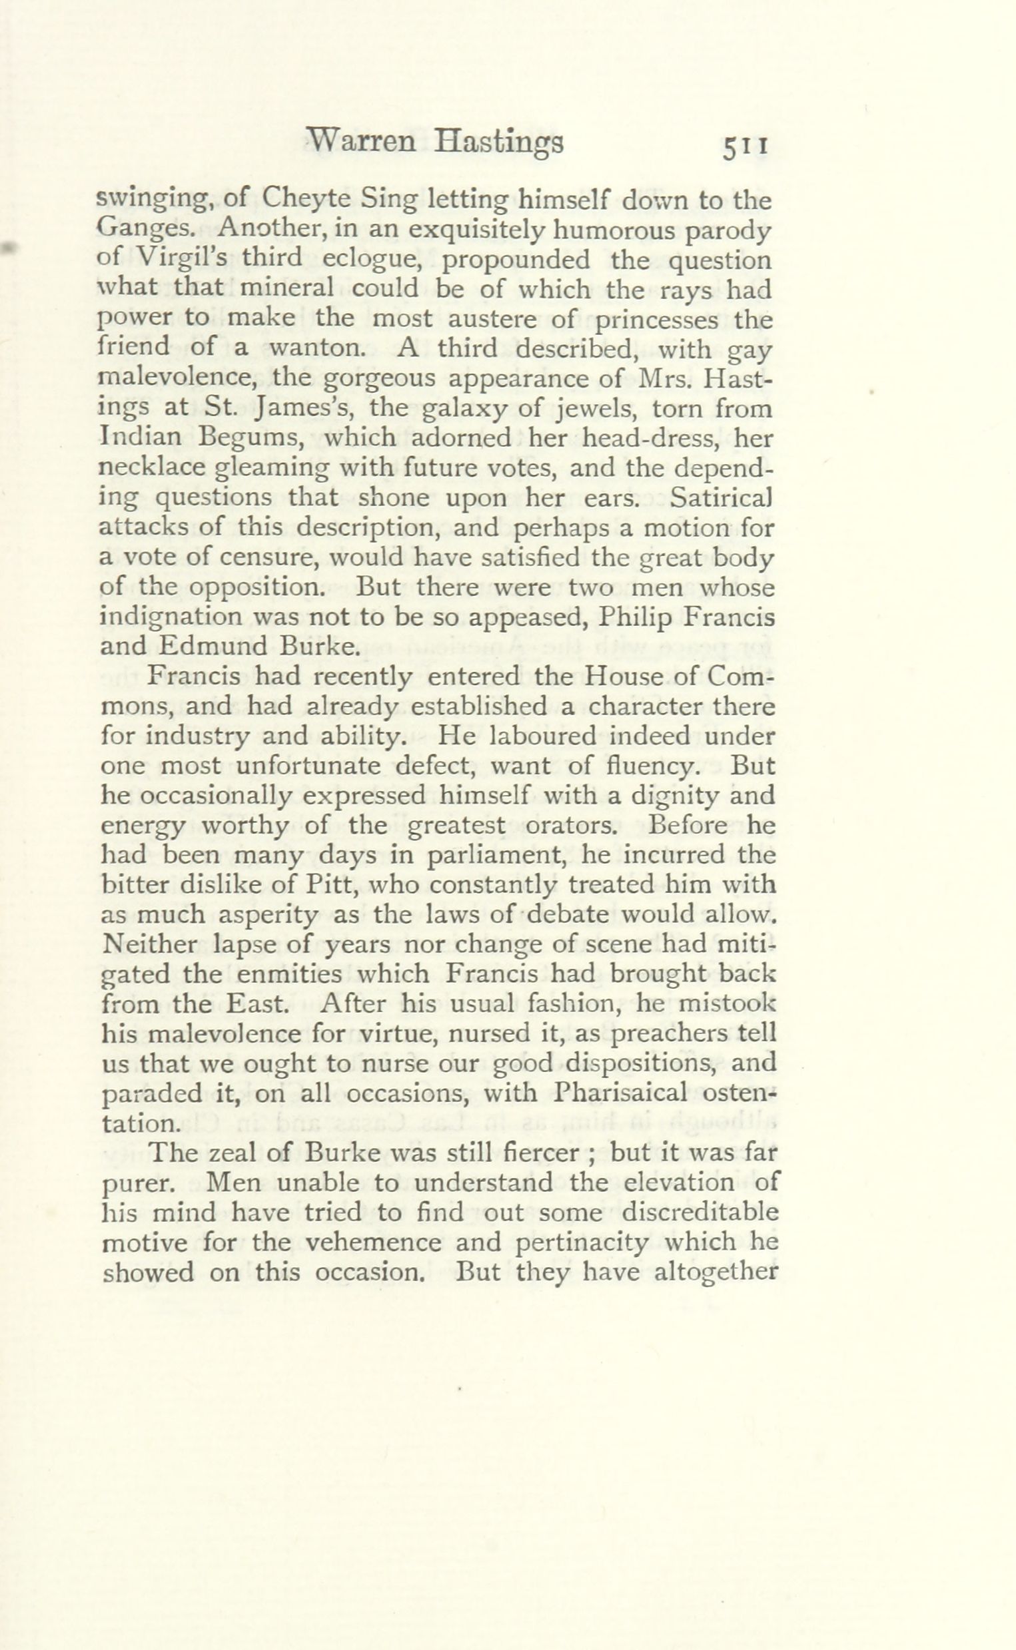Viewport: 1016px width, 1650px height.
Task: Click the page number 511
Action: coord(745,146)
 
